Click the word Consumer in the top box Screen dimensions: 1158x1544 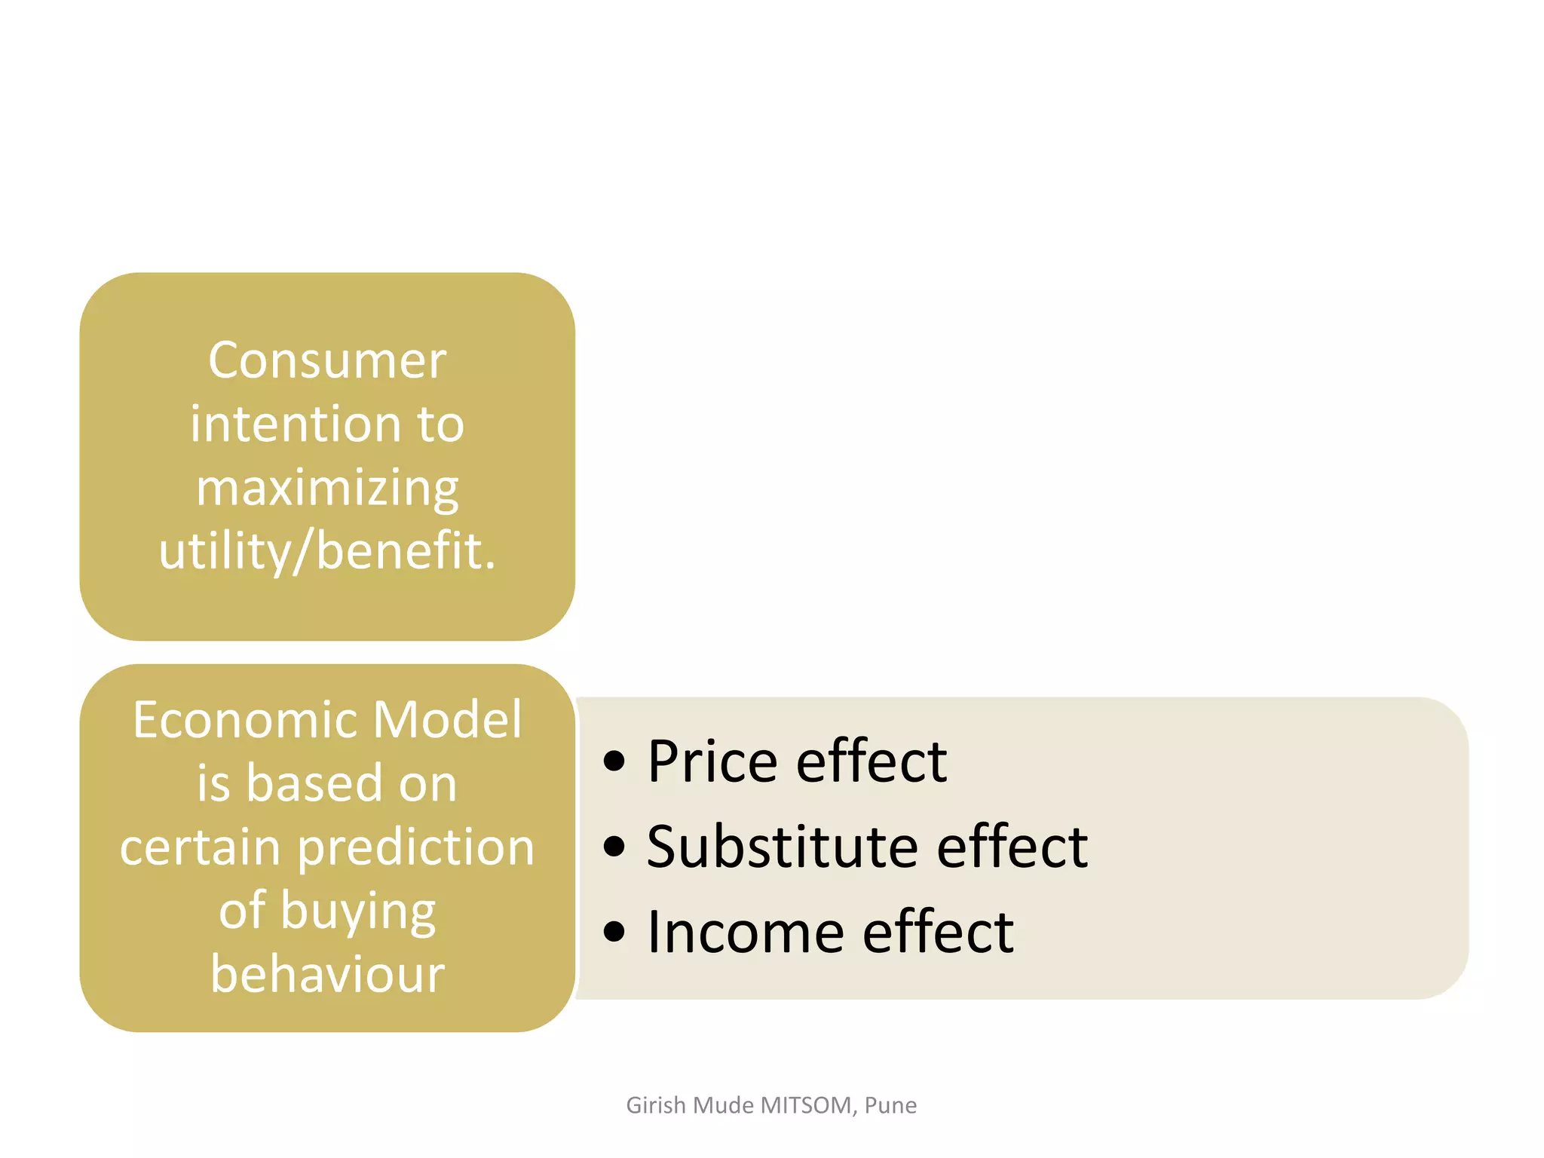[x=327, y=360]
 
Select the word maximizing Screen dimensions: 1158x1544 [x=327, y=489]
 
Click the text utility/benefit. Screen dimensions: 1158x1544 [x=327, y=551]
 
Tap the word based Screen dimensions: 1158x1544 [x=315, y=783]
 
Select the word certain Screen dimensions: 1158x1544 [x=201, y=847]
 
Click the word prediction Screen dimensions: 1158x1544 [x=415, y=848]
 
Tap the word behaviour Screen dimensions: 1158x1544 [x=327, y=973]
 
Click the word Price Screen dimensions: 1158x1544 [x=712, y=761]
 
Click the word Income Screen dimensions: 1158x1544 [x=746, y=933]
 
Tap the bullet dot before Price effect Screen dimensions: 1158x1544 [x=614, y=761]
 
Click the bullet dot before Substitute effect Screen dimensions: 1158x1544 [x=614, y=847]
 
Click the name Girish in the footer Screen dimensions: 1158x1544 [x=656, y=1105]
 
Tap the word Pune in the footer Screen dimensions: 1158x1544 [x=890, y=1105]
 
